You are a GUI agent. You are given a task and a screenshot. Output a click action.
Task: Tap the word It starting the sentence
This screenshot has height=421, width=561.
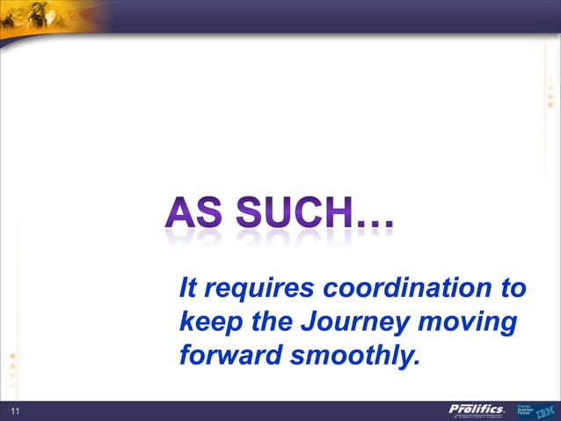pos(186,288)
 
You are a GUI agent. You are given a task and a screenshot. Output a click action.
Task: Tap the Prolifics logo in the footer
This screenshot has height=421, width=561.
pos(477,410)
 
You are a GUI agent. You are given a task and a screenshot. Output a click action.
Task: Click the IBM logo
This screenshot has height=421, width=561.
pos(545,410)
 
